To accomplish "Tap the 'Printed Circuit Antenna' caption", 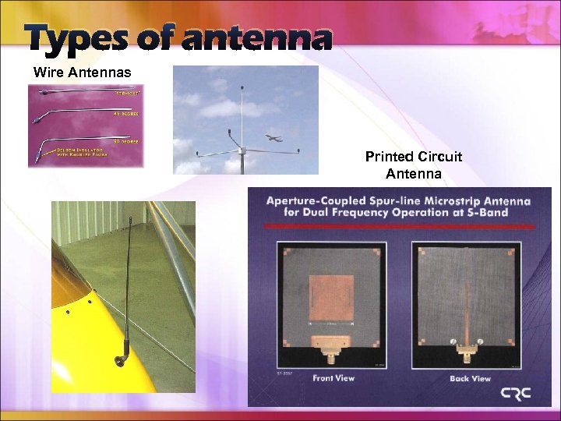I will [413, 165].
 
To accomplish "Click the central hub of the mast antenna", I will [242, 149].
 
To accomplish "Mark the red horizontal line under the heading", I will [399, 226].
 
